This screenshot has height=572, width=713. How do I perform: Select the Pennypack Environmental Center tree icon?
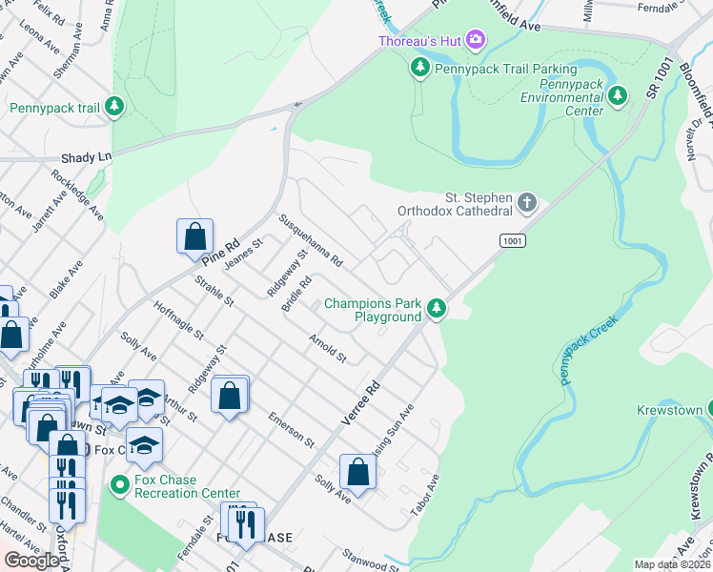point(618,95)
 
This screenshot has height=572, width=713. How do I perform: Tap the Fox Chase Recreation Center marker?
point(119,485)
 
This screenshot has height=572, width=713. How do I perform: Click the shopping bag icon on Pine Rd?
point(194,236)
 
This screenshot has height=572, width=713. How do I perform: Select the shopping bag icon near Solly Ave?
point(357,472)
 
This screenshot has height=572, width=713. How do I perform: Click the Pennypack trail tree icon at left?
point(114,106)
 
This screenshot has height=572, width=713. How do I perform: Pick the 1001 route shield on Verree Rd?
point(513,242)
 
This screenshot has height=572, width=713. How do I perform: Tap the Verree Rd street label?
point(361,403)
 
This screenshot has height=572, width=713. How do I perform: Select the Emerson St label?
point(291,431)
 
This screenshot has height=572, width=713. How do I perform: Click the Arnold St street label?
point(327,348)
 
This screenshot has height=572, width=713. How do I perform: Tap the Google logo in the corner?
point(31,561)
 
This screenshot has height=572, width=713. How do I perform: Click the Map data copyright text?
point(673,564)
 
